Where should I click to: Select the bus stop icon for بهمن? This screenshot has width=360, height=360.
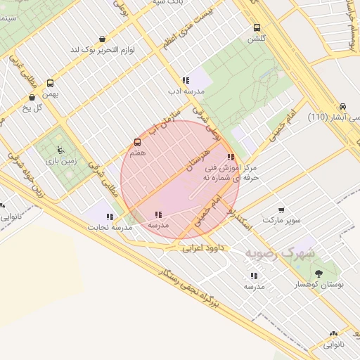tap(50, 82)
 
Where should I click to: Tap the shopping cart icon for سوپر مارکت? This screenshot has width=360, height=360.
tap(281, 210)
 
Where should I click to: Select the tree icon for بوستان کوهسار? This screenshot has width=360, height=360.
tap(320, 273)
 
